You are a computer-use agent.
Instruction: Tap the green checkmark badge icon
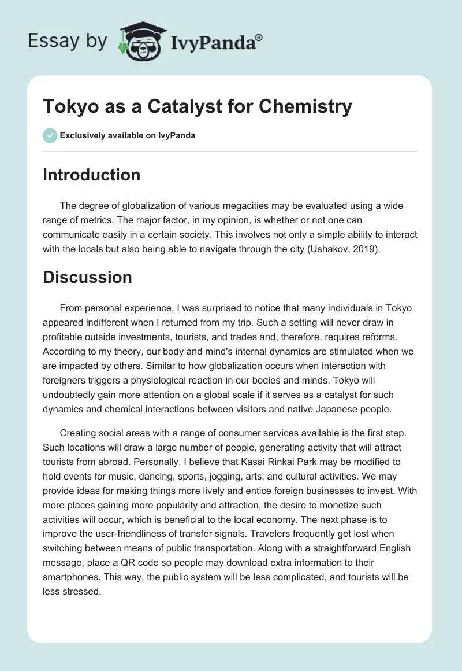pyautogui.click(x=50, y=136)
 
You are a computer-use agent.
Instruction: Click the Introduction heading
pyautogui.click(x=91, y=175)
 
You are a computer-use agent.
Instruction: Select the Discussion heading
pyautogui.click(x=87, y=277)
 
